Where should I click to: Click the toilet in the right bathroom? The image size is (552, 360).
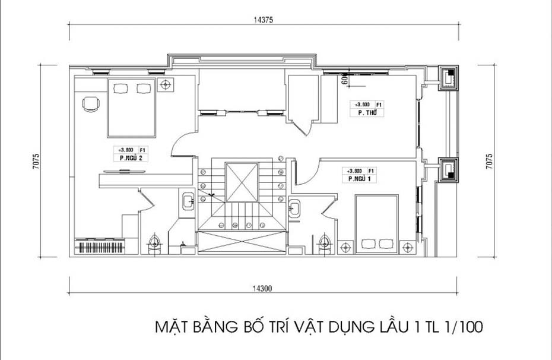pos(324,243)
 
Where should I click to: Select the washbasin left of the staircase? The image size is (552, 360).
pos(188,201)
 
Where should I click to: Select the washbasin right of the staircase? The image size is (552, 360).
pos(295,207)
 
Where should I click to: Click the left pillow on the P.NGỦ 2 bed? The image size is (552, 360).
pos(120,89)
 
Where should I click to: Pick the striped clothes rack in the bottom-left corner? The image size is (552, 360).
pos(100,247)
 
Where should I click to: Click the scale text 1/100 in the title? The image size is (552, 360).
pos(462,326)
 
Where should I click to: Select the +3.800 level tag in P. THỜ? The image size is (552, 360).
pos(358,104)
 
